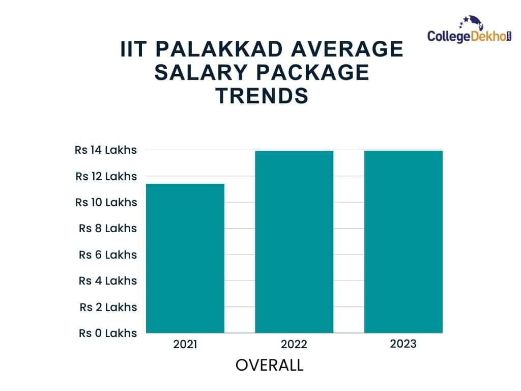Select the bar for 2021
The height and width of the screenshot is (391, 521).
pos(185,258)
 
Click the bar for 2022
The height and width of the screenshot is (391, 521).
pos(294,242)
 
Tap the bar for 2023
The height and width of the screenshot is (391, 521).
pos(403,242)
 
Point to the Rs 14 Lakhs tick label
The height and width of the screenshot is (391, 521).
pos(106,150)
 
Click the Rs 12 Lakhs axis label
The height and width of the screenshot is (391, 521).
pos(106,176)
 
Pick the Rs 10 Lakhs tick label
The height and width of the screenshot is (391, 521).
pos(106,202)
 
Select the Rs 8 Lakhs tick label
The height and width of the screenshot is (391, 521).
pos(108,228)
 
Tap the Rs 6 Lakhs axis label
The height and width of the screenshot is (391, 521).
pos(108,255)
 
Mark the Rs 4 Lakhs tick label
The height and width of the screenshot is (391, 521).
pos(108,281)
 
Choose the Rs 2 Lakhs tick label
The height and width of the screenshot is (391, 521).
pos(108,307)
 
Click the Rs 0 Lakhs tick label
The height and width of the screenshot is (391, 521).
pos(108,333)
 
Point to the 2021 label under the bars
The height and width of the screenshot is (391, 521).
pos(185,344)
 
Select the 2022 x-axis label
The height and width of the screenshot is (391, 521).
pos(294,345)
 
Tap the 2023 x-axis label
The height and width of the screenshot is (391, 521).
pos(403,344)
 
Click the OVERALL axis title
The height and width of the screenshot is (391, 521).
pos(270,365)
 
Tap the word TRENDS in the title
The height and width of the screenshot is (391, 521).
pos(262,96)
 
